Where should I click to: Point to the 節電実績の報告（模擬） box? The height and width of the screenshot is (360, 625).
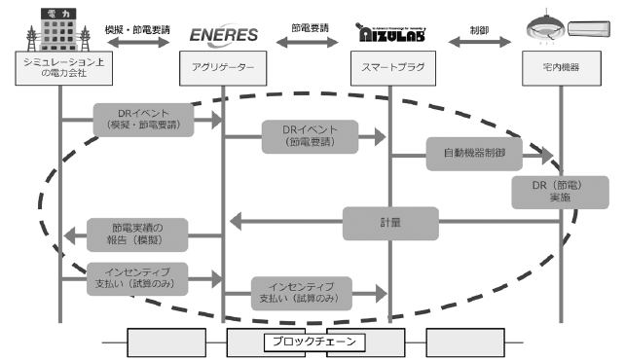pyautogui.click(x=137, y=234)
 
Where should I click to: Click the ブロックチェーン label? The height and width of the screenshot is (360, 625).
pyautogui.click(x=312, y=342)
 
